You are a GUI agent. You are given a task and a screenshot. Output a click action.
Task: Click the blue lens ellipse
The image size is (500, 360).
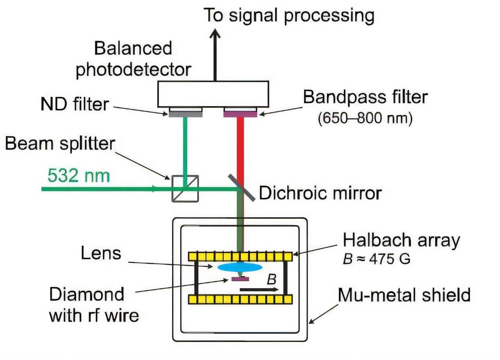click(240, 267)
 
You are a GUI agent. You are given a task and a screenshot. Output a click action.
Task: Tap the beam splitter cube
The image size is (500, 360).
click(185, 189)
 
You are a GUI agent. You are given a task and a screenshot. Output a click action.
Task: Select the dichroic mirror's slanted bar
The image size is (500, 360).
click(241, 188)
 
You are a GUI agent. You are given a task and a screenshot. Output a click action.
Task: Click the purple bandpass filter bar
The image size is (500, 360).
click(240, 114)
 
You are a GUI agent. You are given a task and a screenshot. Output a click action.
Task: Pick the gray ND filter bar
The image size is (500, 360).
click(186, 114)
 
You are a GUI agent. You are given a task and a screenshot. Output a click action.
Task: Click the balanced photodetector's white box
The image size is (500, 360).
click(213, 94)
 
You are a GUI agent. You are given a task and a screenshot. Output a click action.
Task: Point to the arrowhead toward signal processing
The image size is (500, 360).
click(215, 34)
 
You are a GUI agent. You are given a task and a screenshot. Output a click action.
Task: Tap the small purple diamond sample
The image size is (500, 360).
click(240, 279)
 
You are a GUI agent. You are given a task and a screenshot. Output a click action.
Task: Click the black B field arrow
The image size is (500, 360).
click(259, 290)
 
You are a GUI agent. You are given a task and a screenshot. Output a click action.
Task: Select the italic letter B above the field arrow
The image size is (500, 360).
click(271, 279)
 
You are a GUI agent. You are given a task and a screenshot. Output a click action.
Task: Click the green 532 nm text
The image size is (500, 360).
click(79, 176)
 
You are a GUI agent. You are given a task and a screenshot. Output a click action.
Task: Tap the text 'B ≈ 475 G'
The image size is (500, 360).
click(376, 259)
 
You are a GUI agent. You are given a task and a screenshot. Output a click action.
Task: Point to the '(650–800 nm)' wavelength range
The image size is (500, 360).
click(365, 118)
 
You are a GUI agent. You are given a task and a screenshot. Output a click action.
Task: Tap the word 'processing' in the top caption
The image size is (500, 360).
click(329, 16)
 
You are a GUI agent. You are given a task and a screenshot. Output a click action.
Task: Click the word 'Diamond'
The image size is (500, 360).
click(87, 294)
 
